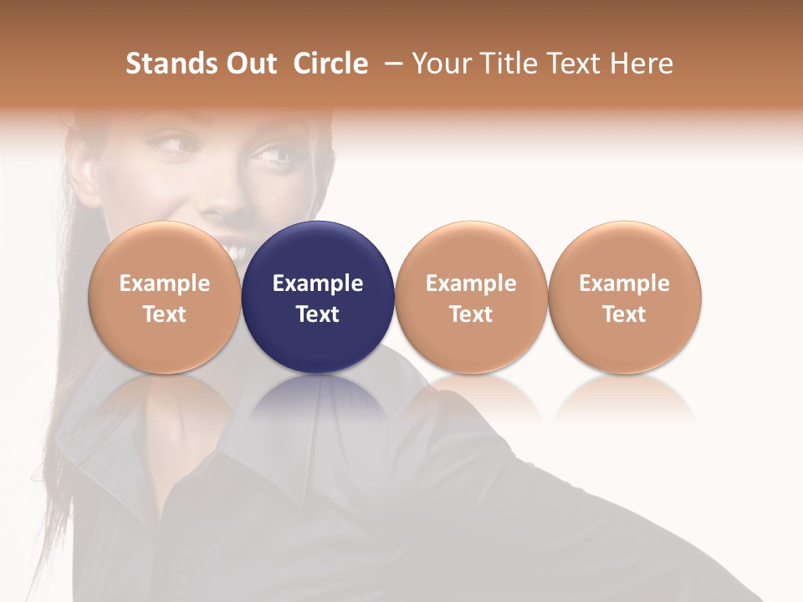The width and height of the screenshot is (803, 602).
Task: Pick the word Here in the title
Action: coord(642,64)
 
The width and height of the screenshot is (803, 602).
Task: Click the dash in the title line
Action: coord(391,64)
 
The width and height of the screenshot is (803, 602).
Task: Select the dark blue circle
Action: coord(318,297)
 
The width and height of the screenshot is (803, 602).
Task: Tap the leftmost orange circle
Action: coord(165,297)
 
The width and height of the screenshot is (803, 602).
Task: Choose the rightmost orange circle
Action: coord(625,297)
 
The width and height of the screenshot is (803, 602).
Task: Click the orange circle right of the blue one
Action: coord(471,297)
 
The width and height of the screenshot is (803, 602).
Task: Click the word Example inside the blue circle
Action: coord(318,283)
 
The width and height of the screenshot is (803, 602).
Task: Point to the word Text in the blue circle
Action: coord(318,314)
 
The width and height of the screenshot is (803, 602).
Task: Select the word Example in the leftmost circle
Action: coord(165,283)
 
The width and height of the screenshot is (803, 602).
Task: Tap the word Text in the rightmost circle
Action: coord(625,314)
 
